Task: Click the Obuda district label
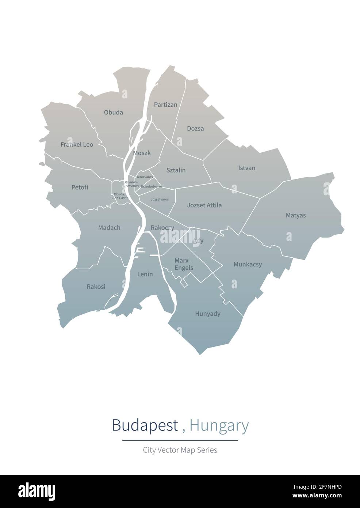[113, 112]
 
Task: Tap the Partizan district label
[165, 105]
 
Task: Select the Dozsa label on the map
[195, 128]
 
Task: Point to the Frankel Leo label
[77, 144]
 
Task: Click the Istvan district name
[247, 168]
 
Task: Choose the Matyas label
[296, 215]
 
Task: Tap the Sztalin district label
[176, 170]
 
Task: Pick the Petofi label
[80, 187]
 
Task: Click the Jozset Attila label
[204, 205]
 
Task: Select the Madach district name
[109, 228]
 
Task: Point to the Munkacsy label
[248, 264]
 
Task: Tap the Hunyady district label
[208, 314]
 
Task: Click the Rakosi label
[96, 287]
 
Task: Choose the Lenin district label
[145, 274]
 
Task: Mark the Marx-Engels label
[184, 264]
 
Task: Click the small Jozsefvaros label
[160, 200]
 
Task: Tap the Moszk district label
[142, 153]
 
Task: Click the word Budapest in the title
[145, 425]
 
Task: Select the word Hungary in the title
[219, 425]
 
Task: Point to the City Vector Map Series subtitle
[180, 450]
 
